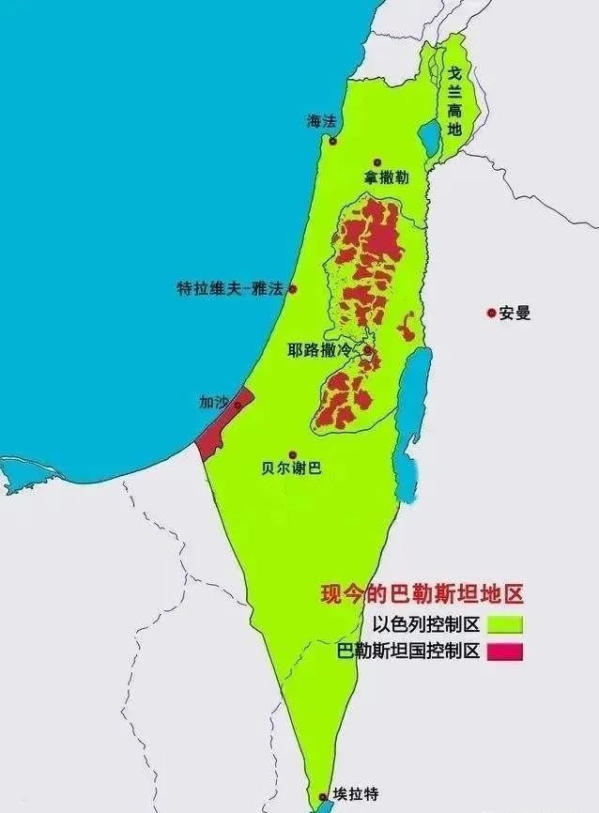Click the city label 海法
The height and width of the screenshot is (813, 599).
point(320,121)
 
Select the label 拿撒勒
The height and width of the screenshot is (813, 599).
point(386,177)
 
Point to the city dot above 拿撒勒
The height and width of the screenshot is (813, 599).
point(377,162)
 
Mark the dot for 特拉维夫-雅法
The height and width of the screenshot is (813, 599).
point(293,289)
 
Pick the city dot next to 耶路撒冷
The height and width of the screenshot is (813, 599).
point(368,352)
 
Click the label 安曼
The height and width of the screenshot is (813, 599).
point(515,314)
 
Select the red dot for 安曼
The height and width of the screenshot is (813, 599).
point(490,313)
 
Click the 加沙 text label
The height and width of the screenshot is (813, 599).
point(213,401)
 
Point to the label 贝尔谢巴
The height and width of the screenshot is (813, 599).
point(292,468)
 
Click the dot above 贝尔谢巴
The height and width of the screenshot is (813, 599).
point(292,453)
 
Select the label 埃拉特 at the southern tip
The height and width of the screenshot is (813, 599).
point(355,794)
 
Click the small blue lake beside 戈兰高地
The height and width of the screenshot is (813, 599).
point(430,138)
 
